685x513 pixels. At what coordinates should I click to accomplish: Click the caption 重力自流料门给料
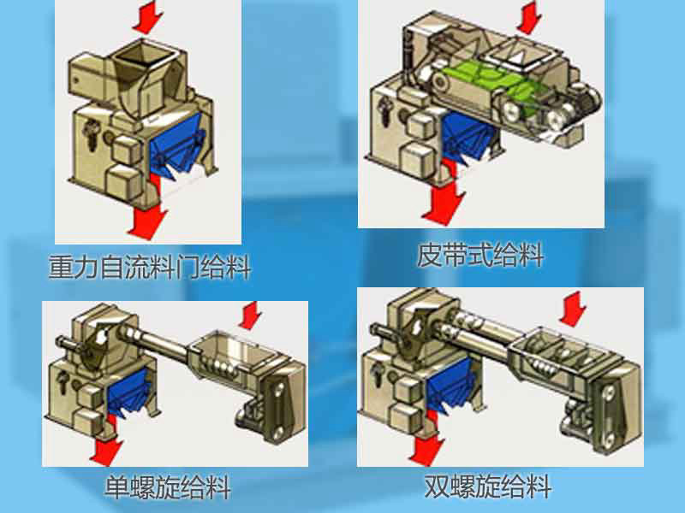(x=149, y=267)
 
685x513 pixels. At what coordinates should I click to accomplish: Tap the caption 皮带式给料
(x=480, y=254)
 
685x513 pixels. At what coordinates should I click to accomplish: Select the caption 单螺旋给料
(x=168, y=486)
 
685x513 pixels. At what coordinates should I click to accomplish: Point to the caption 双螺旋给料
(x=487, y=486)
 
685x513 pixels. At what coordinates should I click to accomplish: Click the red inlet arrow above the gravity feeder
(x=147, y=17)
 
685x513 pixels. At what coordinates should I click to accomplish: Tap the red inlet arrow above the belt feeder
(x=529, y=16)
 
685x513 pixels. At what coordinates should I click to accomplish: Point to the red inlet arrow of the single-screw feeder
(x=251, y=315)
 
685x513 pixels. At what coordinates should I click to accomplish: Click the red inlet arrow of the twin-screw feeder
(x=573, y=309)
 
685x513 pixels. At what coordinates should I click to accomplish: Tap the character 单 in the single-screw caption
(x=116, y=486)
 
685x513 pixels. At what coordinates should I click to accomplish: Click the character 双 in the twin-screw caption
(x=437, y=486)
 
